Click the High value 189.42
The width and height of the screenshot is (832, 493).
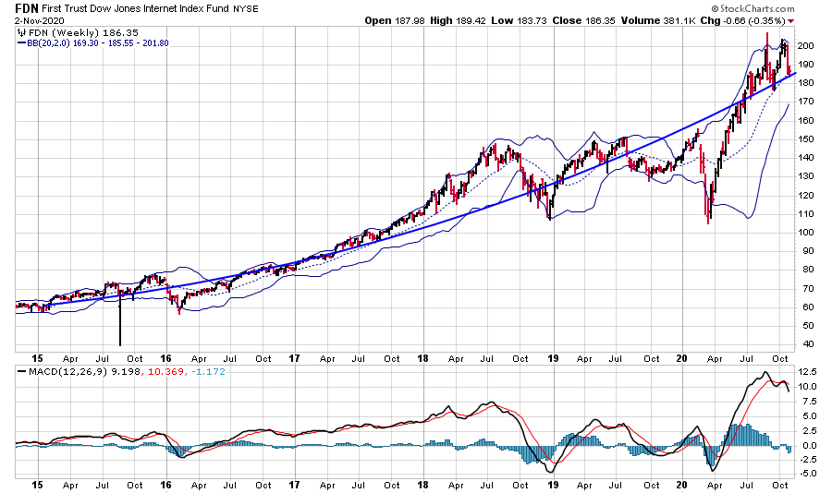[473, 19]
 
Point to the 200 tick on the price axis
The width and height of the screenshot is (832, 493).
[806, 45]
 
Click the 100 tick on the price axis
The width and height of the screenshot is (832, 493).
[806, 232]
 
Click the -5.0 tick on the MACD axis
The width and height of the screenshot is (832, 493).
[808, 474]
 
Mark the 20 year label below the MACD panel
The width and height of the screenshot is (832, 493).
[681, 484]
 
